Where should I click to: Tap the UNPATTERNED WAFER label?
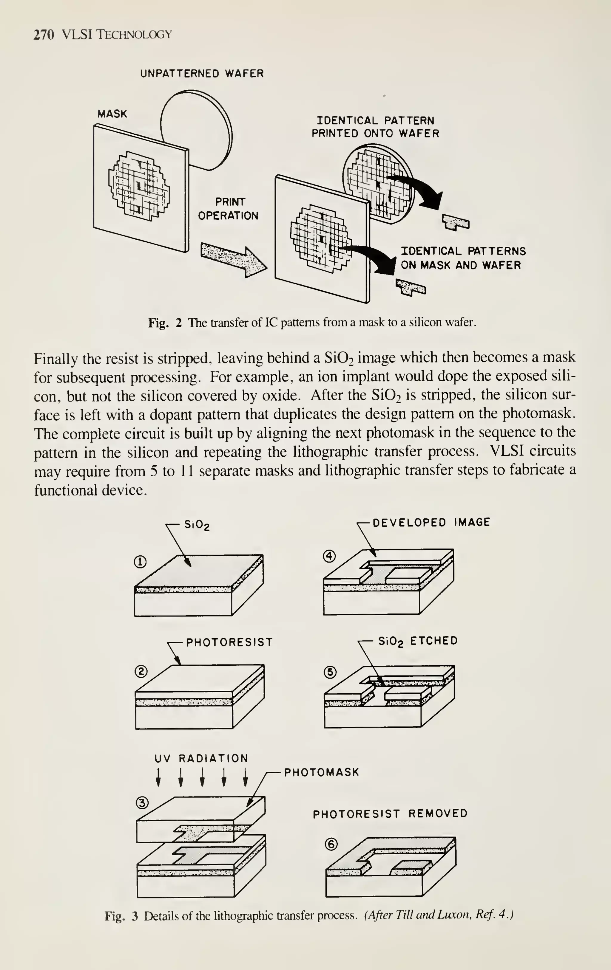201,74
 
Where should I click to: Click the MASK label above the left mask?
112,114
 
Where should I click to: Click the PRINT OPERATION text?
228,209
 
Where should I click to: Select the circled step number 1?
140,562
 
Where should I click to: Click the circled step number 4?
329,556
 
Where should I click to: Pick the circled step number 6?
331,844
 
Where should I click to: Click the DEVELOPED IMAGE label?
431,523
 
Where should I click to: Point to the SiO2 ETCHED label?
418,641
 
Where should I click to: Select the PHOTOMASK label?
321,772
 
